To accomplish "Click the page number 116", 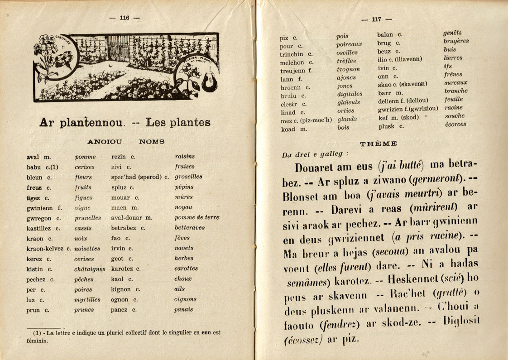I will point(125,18).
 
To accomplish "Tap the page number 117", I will point(376,19).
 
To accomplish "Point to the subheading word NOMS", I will point(152,142).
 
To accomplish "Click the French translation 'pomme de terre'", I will point(196,217).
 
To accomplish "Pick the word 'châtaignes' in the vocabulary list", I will point(90,269).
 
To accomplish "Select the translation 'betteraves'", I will point(189,228).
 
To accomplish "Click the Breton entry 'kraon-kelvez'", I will point(46,249).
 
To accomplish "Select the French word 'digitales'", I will point(350,94).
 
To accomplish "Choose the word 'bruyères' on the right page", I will point(456,41).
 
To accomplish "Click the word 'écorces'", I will point(455,124).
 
